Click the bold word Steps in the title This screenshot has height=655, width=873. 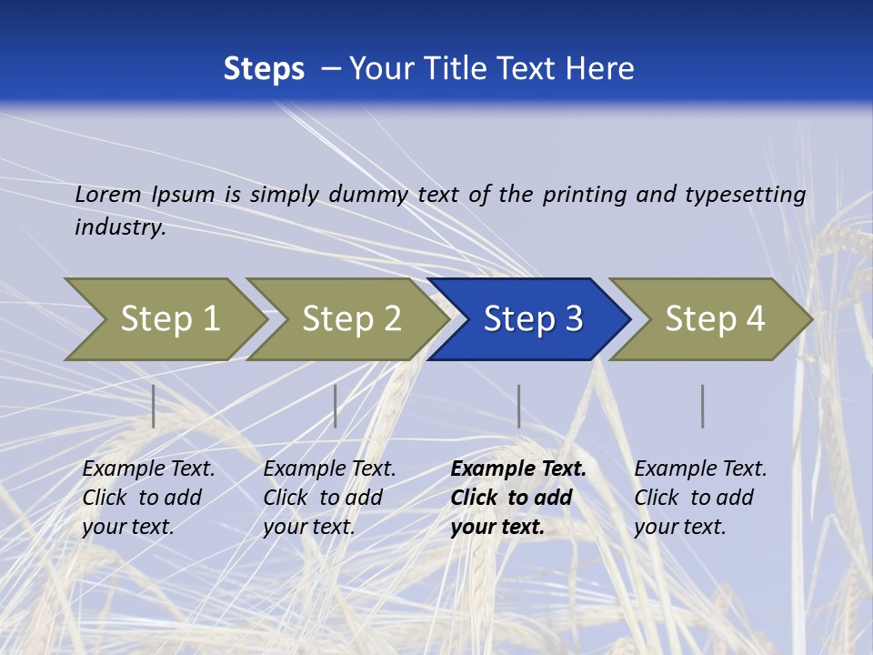(x=264, y=69)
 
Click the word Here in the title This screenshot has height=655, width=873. (x=599, y=69)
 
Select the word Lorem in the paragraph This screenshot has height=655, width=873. (x=108, y=194)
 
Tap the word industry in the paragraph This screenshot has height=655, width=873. (x=119, y=227)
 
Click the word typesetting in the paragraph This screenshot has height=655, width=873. (x=745, y=195)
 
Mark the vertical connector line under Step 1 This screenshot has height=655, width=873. (x=154, y=406)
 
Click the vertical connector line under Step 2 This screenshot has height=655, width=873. (x=336, y=406)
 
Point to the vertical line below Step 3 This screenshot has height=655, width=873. (x=519, y=406)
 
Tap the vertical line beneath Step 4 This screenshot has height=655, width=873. (x=703, y=406)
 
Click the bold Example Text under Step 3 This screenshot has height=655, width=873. (x=518, y=469)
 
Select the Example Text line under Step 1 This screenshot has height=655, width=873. (x=148, y=469)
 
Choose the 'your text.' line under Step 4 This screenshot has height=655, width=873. (x=679, y=527)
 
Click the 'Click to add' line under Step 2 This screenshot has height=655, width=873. (x=323, y=498)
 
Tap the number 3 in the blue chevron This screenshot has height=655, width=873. (x=573, y=319)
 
